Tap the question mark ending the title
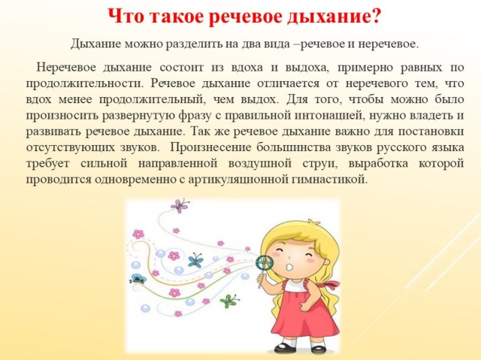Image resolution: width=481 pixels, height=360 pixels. (x=376, y=16)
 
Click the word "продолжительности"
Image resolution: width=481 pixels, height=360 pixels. (x=85, y=83)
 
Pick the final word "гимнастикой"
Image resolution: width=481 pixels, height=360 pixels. (x=330, y=180)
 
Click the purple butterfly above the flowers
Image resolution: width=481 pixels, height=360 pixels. (x=180, y=205)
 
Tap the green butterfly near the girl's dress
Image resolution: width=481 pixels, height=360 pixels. (x=228, y=301)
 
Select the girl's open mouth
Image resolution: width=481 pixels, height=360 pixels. (x=289, y=267)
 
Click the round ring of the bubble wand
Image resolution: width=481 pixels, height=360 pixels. (x=265, y=262)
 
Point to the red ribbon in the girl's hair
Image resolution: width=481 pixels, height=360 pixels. (x=331, y=285)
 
